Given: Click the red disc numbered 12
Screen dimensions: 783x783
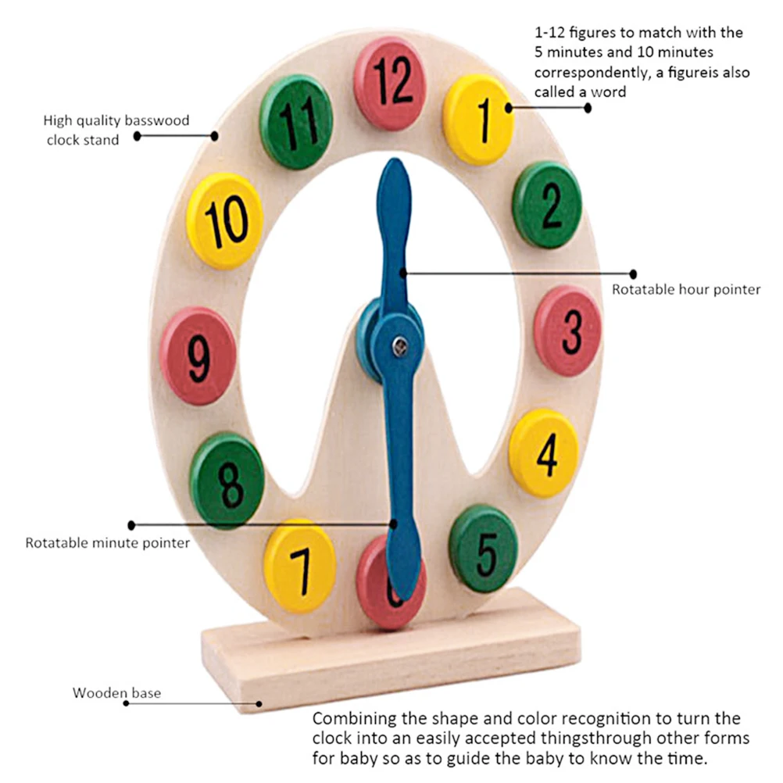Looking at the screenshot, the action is coord(390,84).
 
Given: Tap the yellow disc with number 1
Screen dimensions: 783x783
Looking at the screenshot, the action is coord(478,120).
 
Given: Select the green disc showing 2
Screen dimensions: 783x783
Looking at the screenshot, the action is coord(547,205).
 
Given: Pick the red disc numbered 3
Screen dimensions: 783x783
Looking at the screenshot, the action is coord(568,331).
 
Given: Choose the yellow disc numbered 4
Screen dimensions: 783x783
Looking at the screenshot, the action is coord(544,453).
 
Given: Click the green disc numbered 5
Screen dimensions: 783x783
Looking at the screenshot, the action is coord(483,549).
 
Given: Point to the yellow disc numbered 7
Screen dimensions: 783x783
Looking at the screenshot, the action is coord(299,567).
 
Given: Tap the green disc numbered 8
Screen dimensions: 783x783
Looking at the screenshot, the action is coord(227,481).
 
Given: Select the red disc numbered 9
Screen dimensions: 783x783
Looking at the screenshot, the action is coord(198,356).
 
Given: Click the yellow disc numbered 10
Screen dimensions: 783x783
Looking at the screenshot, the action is coord(225,221).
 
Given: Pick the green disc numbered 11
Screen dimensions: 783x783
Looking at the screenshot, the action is coord(296,122).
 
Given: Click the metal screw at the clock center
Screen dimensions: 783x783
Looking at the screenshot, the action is coord(399,345).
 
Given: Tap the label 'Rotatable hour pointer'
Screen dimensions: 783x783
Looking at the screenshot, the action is coord(686,290).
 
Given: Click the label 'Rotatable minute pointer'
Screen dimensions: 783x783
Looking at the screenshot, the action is coord(107,543).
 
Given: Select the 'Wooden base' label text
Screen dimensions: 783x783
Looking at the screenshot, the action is coord(117,693).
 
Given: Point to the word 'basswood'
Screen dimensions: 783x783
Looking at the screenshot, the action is coord(157,120).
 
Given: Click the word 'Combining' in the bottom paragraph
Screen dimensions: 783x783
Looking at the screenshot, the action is coord(354,719).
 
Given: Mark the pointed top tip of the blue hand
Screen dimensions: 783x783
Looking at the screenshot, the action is coord(395,159).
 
